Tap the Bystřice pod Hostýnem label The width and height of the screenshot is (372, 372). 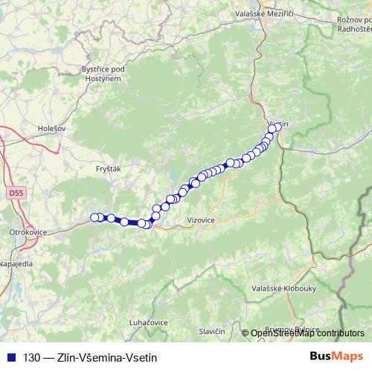(x=102, y=73)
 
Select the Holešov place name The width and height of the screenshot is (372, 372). (x=52, y=128)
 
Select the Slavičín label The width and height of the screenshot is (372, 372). (x=212, y=330)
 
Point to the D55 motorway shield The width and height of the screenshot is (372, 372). (x=16, y=193)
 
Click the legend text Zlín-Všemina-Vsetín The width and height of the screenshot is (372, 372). (x=101, y=357)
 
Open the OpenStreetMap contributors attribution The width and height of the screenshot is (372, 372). (x=307, y=333)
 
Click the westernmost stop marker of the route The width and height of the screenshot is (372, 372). (x=94, y=217)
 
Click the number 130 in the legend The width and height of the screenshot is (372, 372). (x=32, y=357)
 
